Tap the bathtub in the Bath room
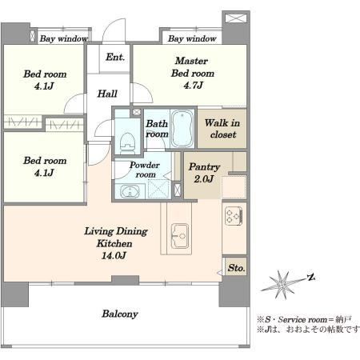click(x=182, y=128)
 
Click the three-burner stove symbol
click(x=234, y=215)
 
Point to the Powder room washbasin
click(x=130, y=191)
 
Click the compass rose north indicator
click(x=310, y=278)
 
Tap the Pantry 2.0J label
click(x=204, y=173)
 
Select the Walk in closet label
click(x=222, y=129)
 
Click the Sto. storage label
click(x=236, y=267)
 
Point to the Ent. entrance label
click(x=115, y=57)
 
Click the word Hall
click(x=107, y=94)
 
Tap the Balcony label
click(x=120, y=314)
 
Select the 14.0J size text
click(x=114, y=256)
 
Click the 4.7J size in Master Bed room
click(x=193, y=86)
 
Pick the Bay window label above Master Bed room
click(x=192, y=38)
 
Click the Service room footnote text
click(x=304, y=319)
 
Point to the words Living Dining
click(x=116, y=231)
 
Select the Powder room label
click(x=145, y=170)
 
